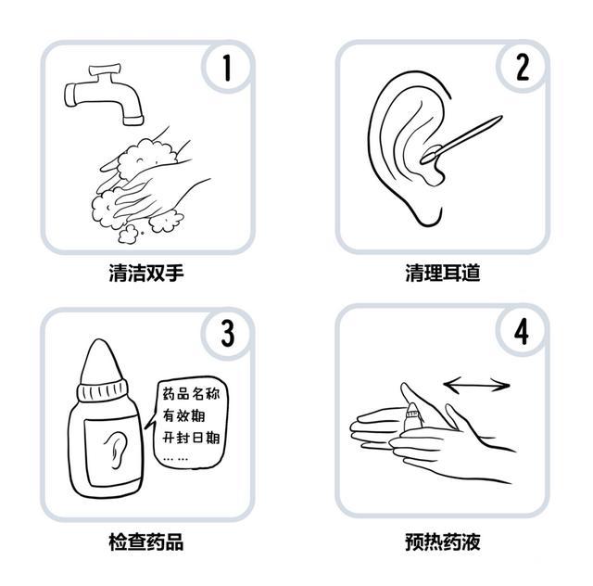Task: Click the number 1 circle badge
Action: pos(227,68)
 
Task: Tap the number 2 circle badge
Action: pos(523,68)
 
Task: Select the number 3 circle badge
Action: pos(228,334)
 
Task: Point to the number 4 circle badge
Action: pos(522,331)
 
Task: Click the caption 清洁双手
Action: pos(146,273)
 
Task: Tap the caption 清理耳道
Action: pos(443,273)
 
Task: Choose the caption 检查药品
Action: pos(146,541)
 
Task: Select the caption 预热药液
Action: pos(443,541)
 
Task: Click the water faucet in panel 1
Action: pos(104,96)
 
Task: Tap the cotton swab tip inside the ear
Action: pos(430,155)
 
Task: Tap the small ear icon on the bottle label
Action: pos(115,450)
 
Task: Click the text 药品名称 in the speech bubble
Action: pos(191,394)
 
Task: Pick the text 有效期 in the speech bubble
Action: pos(183,415)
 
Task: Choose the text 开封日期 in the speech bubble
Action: pos(191,438)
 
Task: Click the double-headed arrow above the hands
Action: pos(476,386)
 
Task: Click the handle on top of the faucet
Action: pos(105,70)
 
